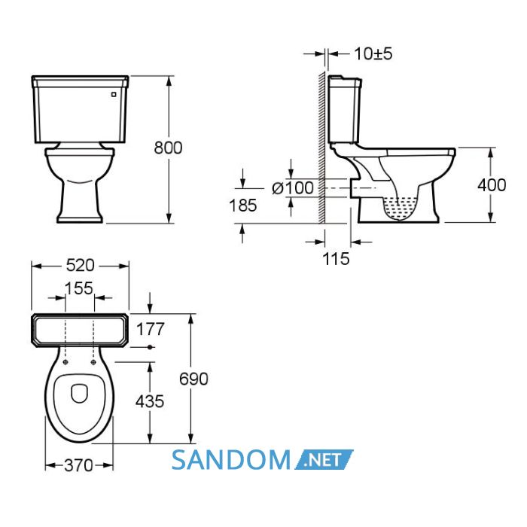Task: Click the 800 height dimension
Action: pos(168,148)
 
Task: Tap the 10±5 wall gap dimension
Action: pos(373,53)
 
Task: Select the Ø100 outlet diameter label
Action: pos(293,187)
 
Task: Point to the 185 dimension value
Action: pos(242,205)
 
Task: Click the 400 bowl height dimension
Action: pos(492,185)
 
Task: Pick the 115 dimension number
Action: pos(336,258)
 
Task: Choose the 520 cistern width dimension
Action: pos(81,266)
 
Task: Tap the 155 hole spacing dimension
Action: pos(78,288)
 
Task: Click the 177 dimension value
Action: pos(151,329)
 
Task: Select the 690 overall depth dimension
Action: pos(193,379)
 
